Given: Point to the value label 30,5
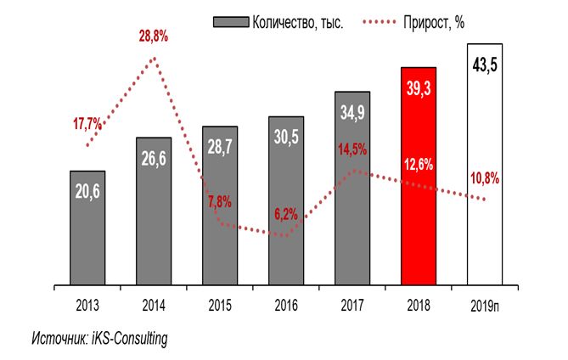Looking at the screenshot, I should pyautogui.click(x=286, y=133).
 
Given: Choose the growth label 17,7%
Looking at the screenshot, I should pyautogui.click(x=87, y=124).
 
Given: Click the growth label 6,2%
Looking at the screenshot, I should pyautogui.click(x=286, y=214).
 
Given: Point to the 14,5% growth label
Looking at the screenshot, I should pyautogui.click(x=352, y=151).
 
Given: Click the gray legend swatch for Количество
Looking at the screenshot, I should pyautogui.click(x=230, y=22).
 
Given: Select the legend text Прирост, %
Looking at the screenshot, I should pyautogui.click(x=435, y=22).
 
